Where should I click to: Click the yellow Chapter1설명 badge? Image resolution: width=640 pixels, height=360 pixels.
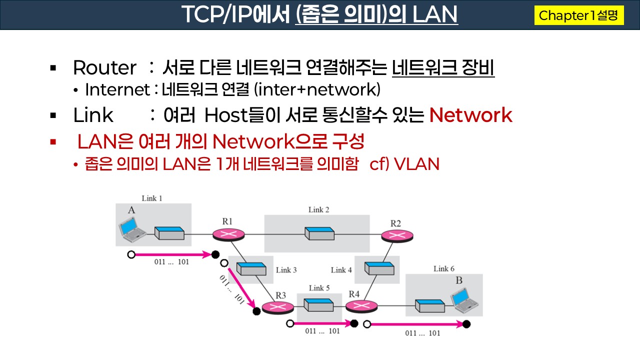tap(578, 15)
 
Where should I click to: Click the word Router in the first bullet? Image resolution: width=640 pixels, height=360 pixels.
tap(104, 68)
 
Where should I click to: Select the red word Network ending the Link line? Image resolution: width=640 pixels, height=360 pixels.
tap(470, 115)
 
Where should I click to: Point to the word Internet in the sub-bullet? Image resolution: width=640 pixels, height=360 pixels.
tap(117, 90)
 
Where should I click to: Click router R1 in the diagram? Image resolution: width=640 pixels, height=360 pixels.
tap(228, 234)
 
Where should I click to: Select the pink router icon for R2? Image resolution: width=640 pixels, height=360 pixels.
tap(396, 235)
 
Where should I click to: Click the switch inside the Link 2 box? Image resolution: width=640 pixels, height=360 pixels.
tap(319, 233)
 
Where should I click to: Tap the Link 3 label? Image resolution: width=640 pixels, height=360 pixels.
tap(286, 270)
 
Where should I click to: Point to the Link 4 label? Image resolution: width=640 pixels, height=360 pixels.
tap(341, 270)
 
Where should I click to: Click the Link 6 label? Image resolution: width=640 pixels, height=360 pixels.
tap(444, 269)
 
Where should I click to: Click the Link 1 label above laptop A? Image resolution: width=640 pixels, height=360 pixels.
tap(152, 198)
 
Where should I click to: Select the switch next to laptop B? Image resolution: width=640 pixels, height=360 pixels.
tap(429, 305)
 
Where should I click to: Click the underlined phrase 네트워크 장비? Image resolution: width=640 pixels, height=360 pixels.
tap(443, 68)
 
